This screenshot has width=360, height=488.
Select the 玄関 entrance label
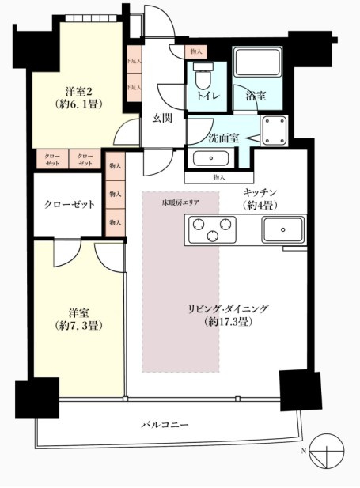(x=163, y=119)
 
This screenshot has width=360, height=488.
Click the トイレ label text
(x=208, y=97)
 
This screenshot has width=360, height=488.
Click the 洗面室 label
(x=222, y=137)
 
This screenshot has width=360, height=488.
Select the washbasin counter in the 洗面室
(x=212, y=157)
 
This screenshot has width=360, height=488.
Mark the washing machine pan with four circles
(x=275, y=131)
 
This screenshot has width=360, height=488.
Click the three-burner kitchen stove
(x=211, y=230)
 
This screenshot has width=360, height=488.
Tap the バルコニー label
(x=165, y=425)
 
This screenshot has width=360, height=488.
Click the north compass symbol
(x=329, y=452)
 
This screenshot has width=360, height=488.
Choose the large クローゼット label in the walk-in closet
(x=69, y=204)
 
